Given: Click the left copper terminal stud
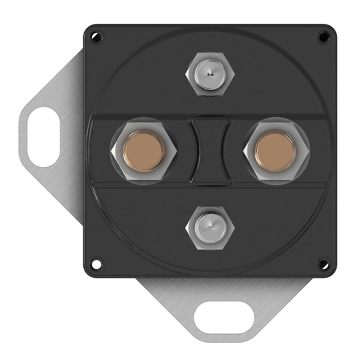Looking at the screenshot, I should [x=144, y=151].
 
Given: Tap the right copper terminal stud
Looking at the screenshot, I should [x=275, y=151].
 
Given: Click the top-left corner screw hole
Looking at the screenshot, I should [x=96, y=36].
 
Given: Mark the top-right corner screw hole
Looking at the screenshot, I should [x=323, y=36].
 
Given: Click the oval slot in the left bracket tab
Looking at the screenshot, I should [x=44, y=137].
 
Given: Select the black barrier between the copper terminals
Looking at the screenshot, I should [x=210, y=151].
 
